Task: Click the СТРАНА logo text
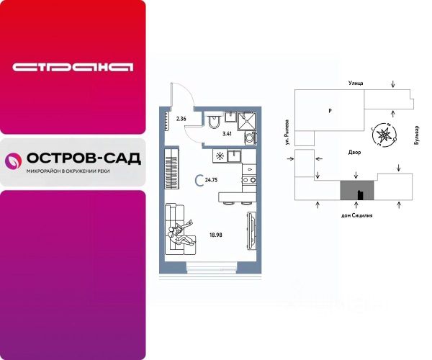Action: [x=73, y=67]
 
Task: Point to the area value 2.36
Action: [x=181, y=118]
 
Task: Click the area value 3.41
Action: [x=228, y=133]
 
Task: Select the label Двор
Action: [x=354, y=152]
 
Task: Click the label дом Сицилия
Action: [x=357, y=215]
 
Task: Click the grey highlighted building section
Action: [x=356, y=189]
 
